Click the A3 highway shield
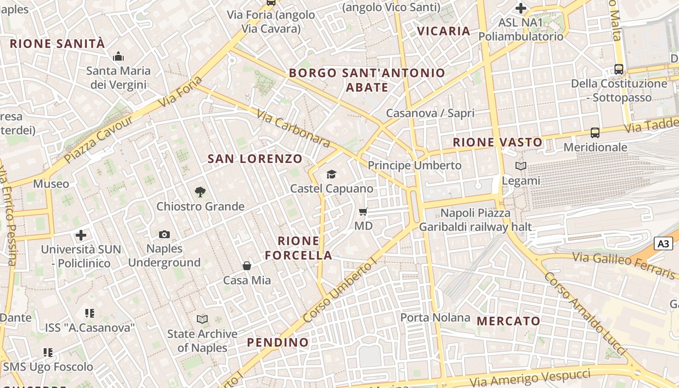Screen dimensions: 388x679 [663, 243]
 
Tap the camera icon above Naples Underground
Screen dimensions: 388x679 [164, 235]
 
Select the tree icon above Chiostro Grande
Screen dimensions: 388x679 [200, 192]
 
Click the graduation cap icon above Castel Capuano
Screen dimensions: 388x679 [331, 175]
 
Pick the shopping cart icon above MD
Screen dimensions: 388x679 [363, 212]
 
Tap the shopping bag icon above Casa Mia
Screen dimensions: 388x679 [247, 266]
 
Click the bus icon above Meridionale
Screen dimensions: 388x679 [595, 132]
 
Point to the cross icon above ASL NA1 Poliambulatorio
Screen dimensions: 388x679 [521, 8]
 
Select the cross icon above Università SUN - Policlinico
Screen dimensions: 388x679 [81, 235]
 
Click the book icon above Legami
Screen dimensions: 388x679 [520, 166]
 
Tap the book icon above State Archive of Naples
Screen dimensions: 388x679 [202, 319]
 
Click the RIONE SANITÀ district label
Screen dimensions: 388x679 [57, 44]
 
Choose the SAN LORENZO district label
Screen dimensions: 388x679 [255, 159]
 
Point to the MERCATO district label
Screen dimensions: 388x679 [508, 321]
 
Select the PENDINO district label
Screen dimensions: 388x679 [278, 342]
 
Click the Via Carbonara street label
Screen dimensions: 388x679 [293, 129]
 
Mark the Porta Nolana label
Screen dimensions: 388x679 [435, 318]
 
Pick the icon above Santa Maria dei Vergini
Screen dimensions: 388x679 [118, 57]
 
